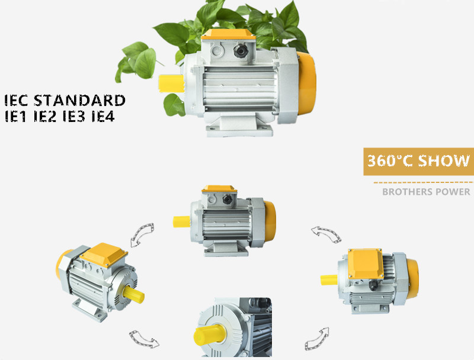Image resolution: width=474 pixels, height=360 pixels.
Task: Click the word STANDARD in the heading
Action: click(79, 100)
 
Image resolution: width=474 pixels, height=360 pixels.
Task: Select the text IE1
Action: click(15, 116)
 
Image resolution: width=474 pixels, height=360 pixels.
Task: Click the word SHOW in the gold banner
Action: click(444, 160)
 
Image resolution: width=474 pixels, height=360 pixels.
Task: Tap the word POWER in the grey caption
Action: click(453, 192)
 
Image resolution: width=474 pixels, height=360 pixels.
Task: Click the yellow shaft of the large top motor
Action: click(171, 83)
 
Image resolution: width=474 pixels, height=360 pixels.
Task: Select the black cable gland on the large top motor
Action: click(241, 51)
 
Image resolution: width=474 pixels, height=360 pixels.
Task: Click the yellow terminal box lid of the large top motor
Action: click(228, 34)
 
